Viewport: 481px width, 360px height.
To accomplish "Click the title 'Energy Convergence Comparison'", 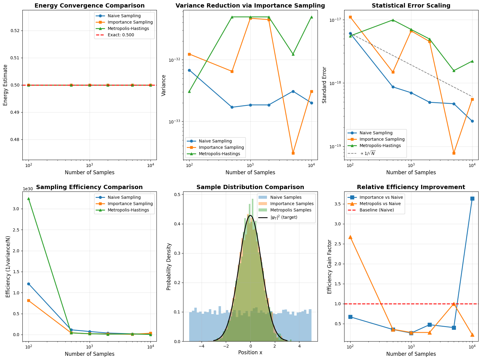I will point(89,5).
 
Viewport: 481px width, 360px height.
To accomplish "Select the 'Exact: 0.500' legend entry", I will point(120,35).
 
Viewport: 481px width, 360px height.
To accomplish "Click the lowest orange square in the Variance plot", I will point(293,153).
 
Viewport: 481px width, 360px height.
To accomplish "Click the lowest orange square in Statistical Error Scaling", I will point(454,153).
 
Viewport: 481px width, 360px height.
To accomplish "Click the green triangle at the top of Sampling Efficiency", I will point(28,199).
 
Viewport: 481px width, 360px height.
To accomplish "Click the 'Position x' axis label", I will point(250,352).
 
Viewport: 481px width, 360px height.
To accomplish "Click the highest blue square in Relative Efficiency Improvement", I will point(472,198).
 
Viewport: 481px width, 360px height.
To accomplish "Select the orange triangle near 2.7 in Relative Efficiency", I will point(350,237).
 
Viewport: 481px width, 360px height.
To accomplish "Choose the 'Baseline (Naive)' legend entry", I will point(377,210).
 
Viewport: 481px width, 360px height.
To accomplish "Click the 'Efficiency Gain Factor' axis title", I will point(330,267).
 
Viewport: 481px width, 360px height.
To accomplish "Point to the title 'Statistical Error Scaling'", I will point(411,5).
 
